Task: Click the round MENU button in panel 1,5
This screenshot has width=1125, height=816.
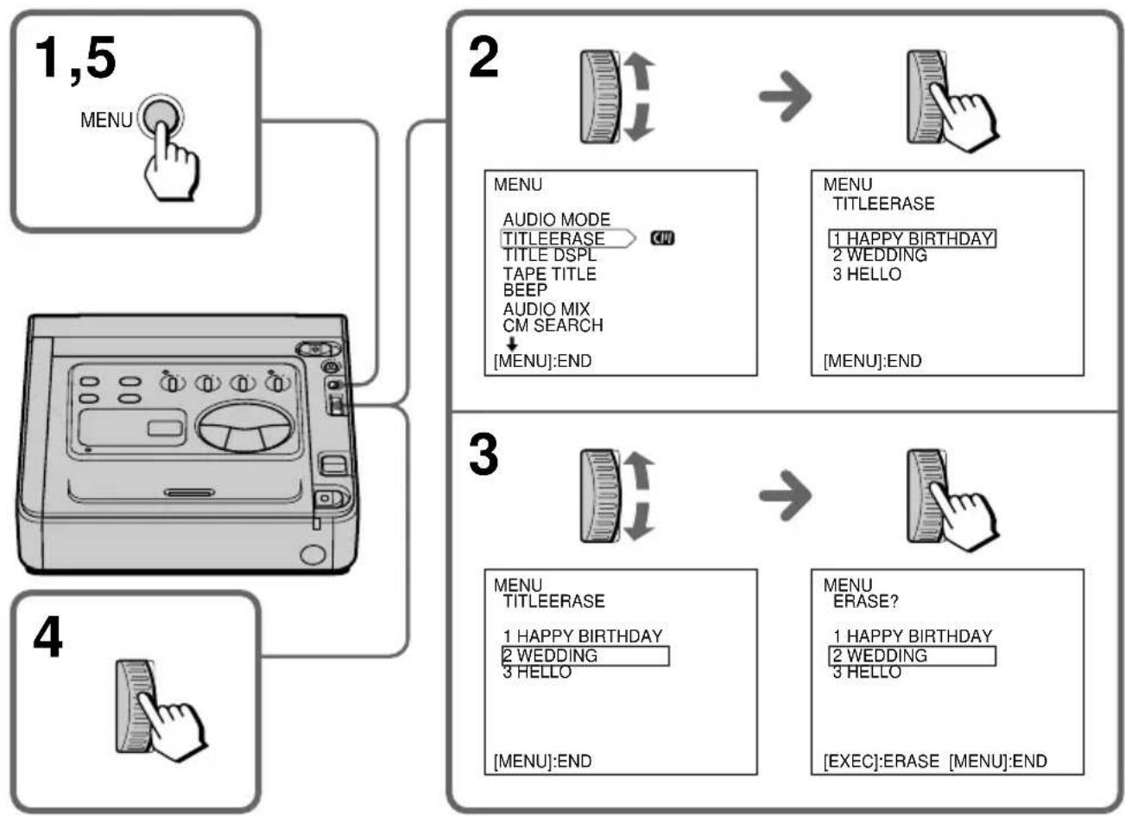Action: [161, 117]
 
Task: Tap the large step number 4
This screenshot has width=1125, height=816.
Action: [48, 637]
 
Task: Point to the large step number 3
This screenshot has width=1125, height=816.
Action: [483, 454]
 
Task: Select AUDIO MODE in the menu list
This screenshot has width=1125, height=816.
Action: [557, 219]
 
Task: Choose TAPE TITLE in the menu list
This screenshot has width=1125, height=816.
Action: [549, 274]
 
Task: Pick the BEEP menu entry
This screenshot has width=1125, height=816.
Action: [525, 290]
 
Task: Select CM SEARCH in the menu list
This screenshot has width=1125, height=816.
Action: [553, 326]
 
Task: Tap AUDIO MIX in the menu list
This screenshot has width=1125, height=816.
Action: [547, 309]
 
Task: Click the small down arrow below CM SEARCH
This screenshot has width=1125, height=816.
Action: [512, 344]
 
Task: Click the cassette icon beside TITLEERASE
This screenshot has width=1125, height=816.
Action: [662, 238]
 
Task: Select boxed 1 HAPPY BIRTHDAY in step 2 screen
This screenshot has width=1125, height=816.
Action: [912, 238]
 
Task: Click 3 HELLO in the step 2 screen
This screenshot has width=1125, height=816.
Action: [867, 275]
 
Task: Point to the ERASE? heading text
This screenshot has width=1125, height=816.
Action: [865, 601]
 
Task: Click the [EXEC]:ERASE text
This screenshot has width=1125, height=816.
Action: [881, 762]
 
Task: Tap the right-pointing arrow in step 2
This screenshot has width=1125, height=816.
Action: [785, 96]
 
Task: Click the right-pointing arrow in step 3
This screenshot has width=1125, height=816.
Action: [785, 496]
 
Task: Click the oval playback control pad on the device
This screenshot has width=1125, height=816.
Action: [244, 427]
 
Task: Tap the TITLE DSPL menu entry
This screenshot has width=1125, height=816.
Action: [549, 255]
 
